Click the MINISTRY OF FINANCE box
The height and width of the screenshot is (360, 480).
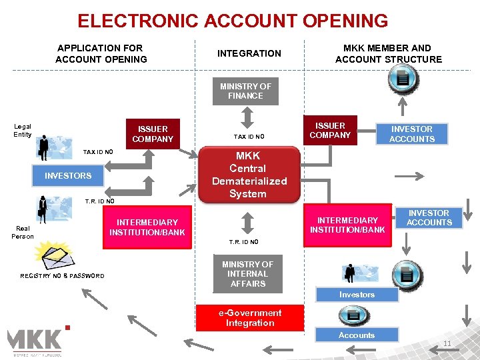tap(245, 91)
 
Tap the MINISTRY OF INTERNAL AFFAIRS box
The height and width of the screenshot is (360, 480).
tap(247, 274)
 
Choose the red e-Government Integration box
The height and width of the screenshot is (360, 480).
tap(249, 318)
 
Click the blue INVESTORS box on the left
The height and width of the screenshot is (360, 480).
tap(68, 176)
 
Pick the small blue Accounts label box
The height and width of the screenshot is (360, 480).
tap(357, 335)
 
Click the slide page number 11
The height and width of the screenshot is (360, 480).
tap(447, 344)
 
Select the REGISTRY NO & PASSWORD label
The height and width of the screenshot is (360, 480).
tap(62, 276)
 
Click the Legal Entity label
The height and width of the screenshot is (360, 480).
tap(23, 130)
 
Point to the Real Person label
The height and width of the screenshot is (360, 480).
tap(23, 232)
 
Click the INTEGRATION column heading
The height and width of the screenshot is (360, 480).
tap(249, 53)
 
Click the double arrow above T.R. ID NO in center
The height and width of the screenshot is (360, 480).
tap(247, 222)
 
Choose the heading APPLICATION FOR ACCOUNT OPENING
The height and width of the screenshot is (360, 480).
tap(101, 53)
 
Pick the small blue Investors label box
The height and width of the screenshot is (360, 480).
tap(357, 295)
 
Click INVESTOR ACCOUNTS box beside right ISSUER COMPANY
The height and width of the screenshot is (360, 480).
tap(411, 134)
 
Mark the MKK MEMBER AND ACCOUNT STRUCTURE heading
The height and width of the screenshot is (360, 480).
tap(388, 53)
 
